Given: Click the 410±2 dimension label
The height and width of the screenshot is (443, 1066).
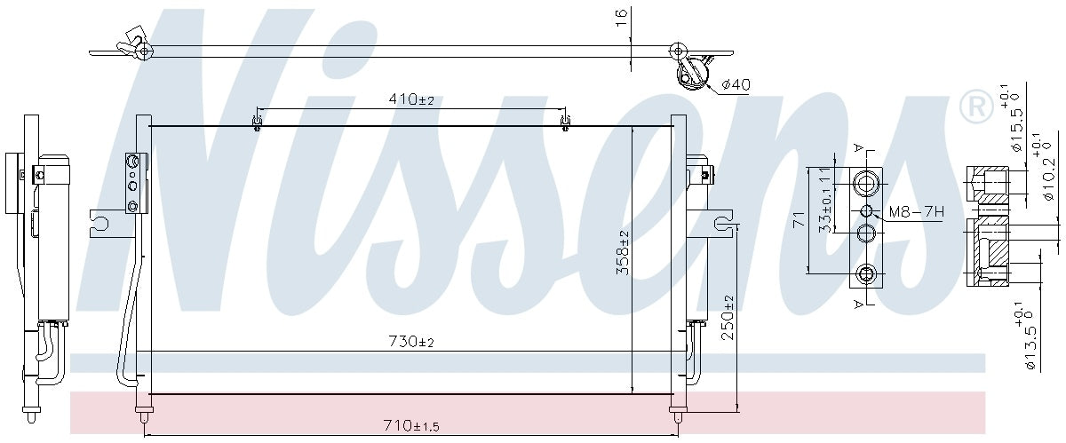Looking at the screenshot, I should [410, 99].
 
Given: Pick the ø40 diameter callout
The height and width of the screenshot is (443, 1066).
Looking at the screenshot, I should [736, 84].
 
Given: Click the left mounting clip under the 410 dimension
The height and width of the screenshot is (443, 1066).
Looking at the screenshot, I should [257, 122].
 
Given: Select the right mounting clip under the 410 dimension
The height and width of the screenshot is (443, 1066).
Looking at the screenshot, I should [564, 122].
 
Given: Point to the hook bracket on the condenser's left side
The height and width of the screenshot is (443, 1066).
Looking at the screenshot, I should [100, 223].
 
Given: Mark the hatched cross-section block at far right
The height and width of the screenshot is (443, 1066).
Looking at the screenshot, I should [988, 252].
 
